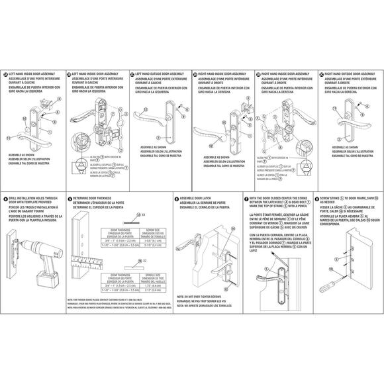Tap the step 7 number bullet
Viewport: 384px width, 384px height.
click(246, 197)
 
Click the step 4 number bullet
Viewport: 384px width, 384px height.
click(6, 197)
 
